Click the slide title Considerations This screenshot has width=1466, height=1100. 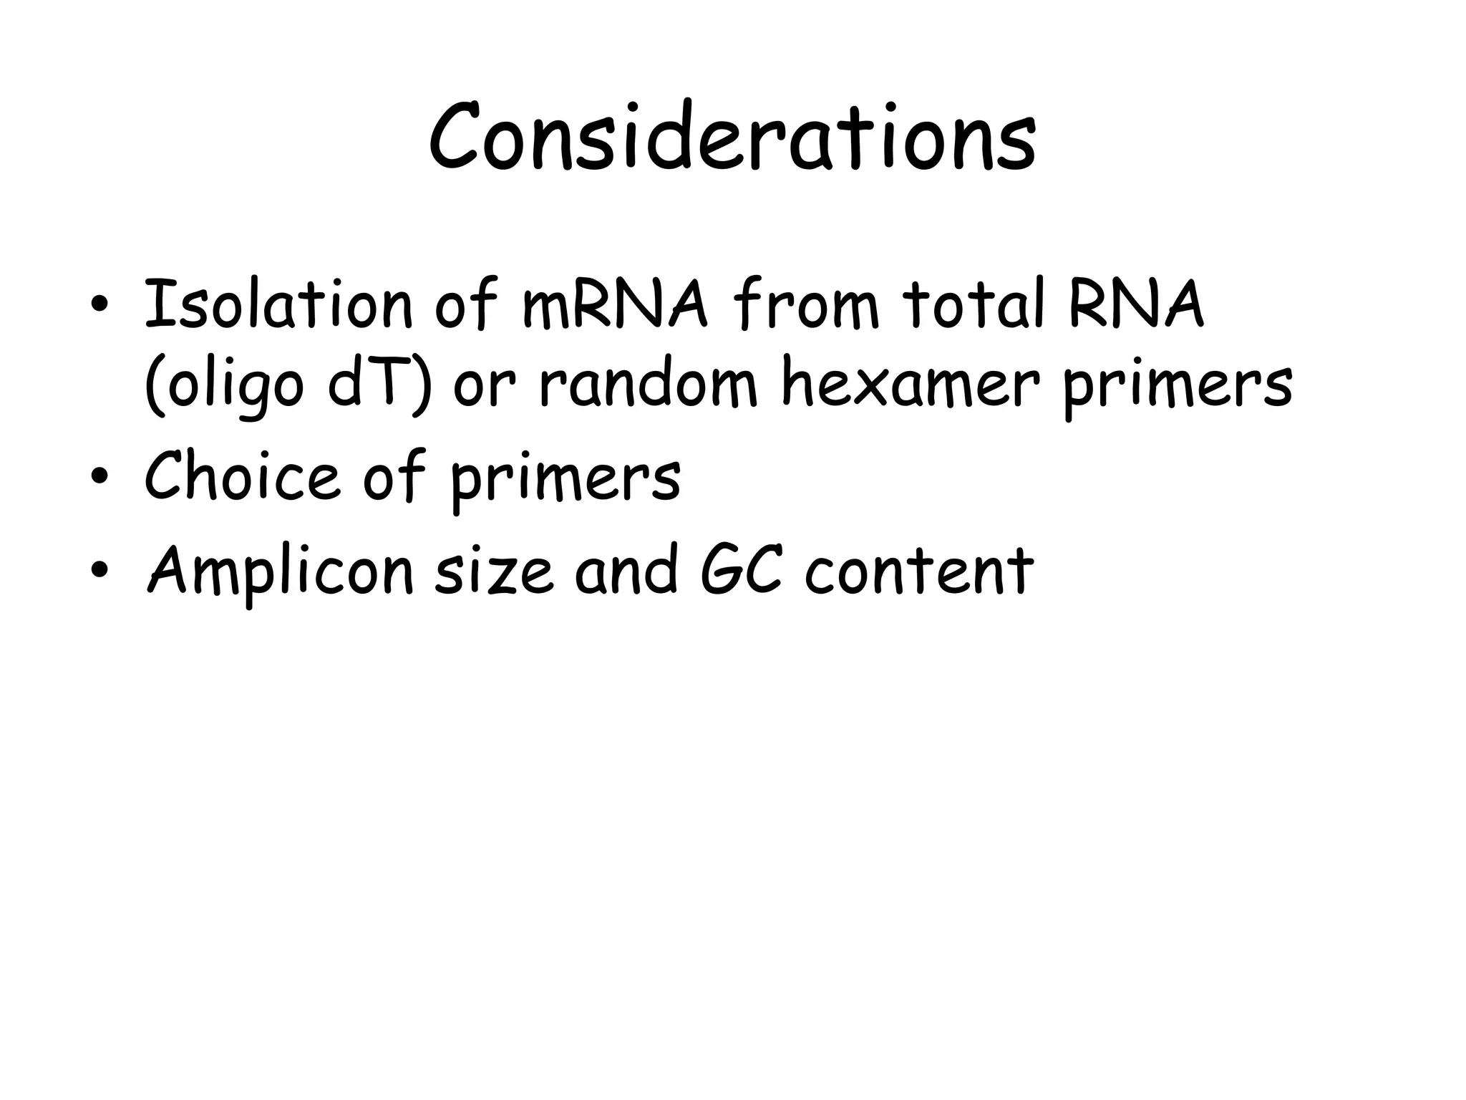[732, 137]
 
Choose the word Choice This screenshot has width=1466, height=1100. [241, 477]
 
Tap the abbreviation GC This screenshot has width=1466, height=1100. [741, 571]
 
